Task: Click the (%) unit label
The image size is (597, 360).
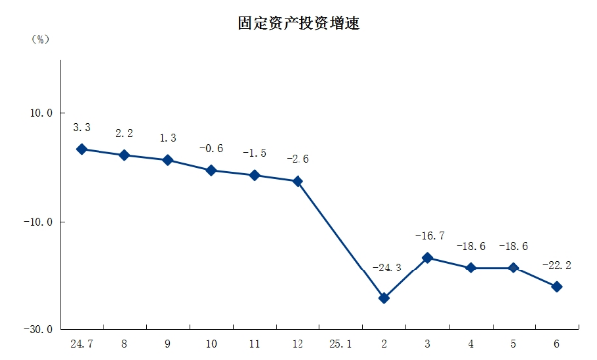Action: (x=40, y=39)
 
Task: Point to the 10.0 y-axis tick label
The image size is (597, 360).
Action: (x=40, y=113)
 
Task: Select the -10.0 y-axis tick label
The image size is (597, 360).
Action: (x=38, y=222)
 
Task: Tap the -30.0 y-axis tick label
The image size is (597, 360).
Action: (x=38, y=329)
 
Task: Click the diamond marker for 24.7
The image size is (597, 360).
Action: (x=82, y=149)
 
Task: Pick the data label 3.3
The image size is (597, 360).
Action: (x=82, y=127)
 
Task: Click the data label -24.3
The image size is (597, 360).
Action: (x=386, y=268)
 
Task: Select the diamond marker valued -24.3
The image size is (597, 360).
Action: (x=383, y=298)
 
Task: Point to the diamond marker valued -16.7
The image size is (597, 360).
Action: (x=427, y=258)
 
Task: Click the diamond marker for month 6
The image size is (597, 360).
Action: (x=556, y=287)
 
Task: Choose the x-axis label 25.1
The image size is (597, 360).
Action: (x=340, y=344)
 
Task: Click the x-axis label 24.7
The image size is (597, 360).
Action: (x=82, y=344)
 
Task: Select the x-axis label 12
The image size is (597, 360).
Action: (x=297, y=344)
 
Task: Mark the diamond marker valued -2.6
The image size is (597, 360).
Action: (x=297, y=181)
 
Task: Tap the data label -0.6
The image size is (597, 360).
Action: (x=211, y=148)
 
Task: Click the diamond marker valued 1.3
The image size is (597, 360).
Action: (x=167, y=160)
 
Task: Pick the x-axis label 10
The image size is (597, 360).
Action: (x=211, y=344)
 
